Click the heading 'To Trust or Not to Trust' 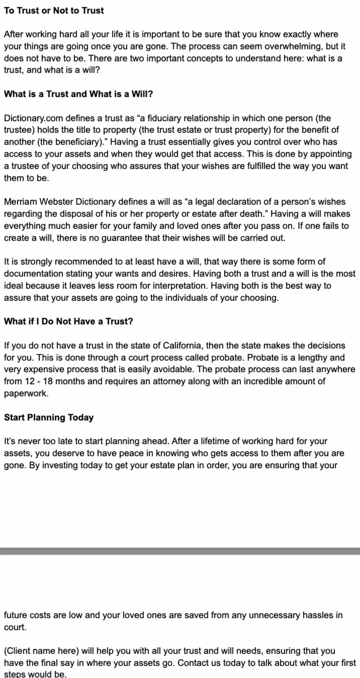coord(54,10)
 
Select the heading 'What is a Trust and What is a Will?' coord(78,95)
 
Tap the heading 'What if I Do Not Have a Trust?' coord(68,322)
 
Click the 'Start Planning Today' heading coord(49,417)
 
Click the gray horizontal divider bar coord(180,551)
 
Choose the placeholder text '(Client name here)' coord(40,651)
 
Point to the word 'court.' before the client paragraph coord(15,627)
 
